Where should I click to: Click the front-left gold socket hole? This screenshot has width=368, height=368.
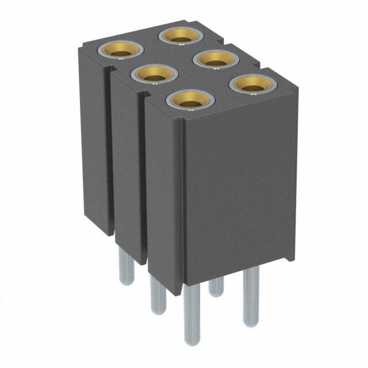pyautogui.click(x=190, y=102)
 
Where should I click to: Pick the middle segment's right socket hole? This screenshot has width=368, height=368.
pyautogui.click(x=217, y=59)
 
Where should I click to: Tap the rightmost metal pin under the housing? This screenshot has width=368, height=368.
pyautogui.click(x=251, y=296)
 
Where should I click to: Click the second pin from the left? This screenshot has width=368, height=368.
pyautogui.click(x=157, y=293)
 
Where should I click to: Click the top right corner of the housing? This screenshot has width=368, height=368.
pyautogui.click(x=297, y=87)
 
